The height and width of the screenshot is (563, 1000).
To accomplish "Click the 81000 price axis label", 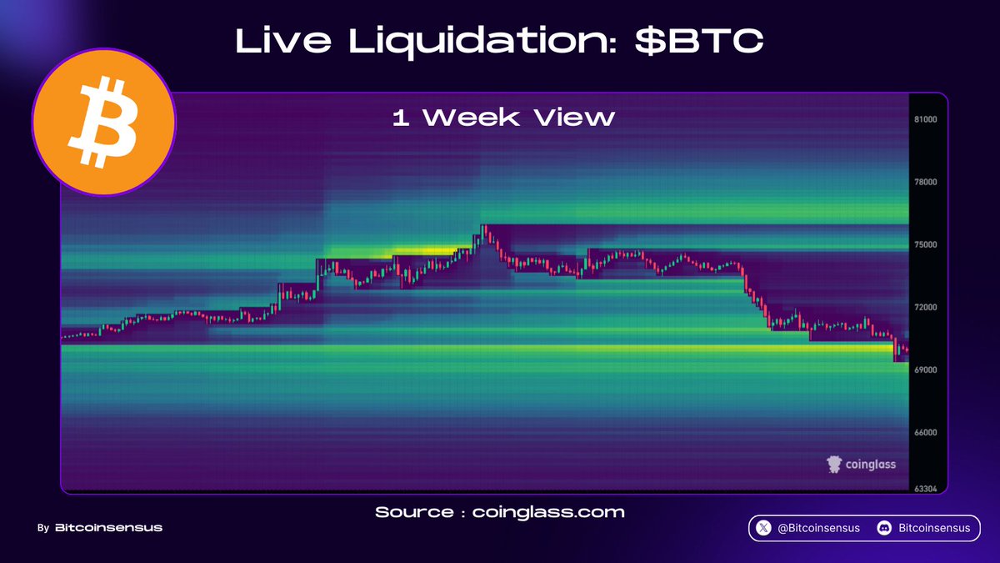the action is click(x=926, y=119).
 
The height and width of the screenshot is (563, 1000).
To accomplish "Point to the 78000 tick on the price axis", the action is click(x=926, y=182).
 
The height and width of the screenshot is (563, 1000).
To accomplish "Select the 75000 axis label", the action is click(x=926, y=244).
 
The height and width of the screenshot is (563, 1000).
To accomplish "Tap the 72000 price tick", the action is click(x=926, y=307).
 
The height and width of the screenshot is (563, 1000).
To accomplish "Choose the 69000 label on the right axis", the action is click(x=926, y=369).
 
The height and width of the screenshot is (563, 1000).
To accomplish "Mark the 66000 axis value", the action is click(x=926, y=432).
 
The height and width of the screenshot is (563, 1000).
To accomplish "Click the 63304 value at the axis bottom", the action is click(x=926, y=489).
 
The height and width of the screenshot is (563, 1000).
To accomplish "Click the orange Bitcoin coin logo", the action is click(x=104, y=122).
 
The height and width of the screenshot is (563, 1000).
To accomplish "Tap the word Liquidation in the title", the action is click(x=482, y=41).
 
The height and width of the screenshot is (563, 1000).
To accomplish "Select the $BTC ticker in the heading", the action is click(x=699, y=40).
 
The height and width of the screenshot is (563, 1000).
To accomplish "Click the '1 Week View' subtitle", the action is click(x=503, y=118).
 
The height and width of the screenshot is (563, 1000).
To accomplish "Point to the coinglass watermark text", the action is click(x=871, y=465).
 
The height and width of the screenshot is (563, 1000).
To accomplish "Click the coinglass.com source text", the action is click(x=548, y=512).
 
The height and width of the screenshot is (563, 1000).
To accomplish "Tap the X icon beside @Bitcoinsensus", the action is click(x=763, y=528).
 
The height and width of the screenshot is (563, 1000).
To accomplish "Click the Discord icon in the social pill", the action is click(x=884, y=528).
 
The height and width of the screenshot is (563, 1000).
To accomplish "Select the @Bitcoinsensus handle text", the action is click(x=818, y=528).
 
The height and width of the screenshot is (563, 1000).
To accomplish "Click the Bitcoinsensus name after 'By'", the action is click(x=108, y=528).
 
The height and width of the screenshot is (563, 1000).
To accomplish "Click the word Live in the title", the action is click(x=283, y=40).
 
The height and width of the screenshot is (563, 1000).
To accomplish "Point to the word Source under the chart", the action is click(x=414, y=512).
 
